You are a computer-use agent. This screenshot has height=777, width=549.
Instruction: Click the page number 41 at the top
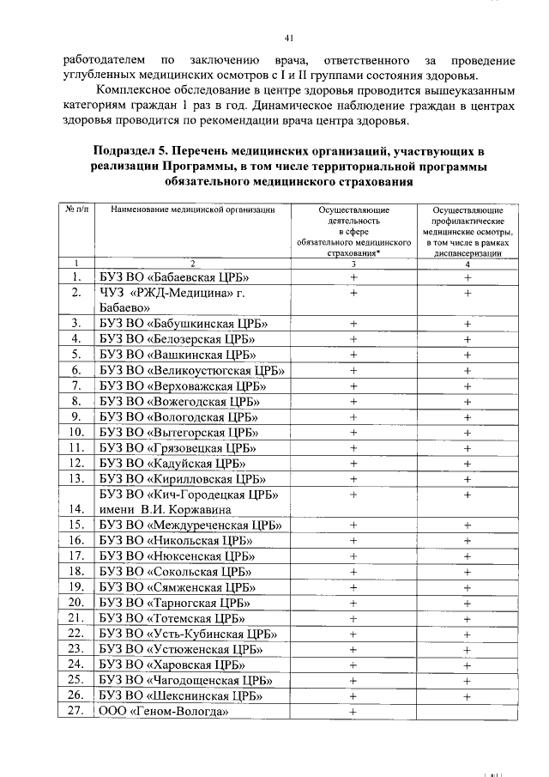click(288, 37)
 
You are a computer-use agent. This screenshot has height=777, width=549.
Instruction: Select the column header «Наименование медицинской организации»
click(193, 209)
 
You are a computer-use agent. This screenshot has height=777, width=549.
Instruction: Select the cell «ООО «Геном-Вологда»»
click(163, 712)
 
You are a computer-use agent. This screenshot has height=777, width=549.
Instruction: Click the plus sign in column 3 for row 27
click(353, 712)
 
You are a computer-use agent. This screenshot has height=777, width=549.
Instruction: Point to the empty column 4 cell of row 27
click(467, 712)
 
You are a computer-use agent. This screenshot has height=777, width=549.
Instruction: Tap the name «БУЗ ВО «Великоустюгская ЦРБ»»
click(191, 370)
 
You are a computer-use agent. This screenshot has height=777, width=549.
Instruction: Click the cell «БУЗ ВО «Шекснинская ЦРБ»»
click(181, 695)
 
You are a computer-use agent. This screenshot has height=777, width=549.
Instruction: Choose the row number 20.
click(76, 603)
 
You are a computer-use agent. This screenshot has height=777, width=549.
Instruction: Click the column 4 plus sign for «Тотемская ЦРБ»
click(468, 618)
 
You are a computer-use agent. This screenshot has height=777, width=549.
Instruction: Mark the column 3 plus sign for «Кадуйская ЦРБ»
click(353, 463)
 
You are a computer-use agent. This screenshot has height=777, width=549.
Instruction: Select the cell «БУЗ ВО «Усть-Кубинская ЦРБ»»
click(187, 634)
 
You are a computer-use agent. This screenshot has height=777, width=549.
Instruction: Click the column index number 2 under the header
click(193, 263)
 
